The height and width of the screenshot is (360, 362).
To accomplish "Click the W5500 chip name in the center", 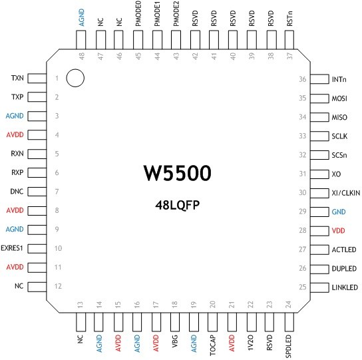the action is click(177, 173).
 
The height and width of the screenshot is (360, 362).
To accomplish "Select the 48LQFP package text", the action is click(177, 205).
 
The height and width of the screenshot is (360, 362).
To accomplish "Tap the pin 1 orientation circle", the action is click(75, 78).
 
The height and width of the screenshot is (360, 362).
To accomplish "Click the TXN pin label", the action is click(17, 78).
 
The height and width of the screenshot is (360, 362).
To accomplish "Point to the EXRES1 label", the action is click(12, 248).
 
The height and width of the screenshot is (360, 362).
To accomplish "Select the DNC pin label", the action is click(17, 192).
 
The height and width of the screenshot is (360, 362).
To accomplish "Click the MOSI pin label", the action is click(339, 98).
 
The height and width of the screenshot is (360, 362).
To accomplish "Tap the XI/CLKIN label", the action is click(346, 193).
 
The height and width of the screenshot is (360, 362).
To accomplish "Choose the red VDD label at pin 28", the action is click(338, 230).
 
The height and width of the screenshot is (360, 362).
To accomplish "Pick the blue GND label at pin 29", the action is click(339, 212).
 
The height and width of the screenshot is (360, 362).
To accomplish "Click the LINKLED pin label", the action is click(345, 287).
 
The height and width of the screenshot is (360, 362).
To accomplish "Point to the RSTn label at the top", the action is click(289, 19).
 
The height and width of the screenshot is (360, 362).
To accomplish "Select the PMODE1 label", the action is click(157, 13).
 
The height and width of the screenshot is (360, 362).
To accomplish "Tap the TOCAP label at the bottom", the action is click(213, 345).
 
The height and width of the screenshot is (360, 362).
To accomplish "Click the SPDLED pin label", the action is click(288, 347).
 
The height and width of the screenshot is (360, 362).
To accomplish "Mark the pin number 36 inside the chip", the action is click(302, 79).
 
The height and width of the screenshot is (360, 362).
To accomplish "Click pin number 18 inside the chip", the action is click(174, 304).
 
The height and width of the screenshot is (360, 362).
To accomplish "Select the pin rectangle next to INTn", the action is click(319, 79).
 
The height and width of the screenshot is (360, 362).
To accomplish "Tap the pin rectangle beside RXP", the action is click(37, 172).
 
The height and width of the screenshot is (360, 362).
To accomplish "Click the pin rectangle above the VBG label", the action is click(175, 322).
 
